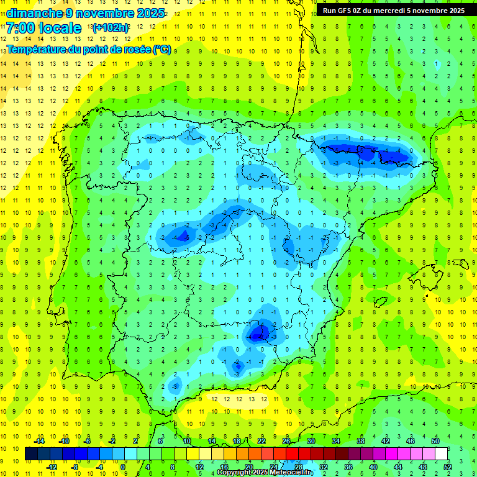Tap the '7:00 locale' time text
43,28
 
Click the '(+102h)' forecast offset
111,27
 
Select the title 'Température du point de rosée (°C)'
88,50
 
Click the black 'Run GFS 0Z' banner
394,11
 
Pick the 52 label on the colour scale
448,466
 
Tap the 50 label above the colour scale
435,441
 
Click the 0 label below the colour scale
124,466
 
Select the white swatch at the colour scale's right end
441,454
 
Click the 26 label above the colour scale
286,441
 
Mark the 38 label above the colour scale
361,441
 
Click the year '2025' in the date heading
150,13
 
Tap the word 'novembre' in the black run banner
425,11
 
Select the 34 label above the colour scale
336,441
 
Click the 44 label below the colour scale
398,466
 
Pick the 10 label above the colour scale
187,441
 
